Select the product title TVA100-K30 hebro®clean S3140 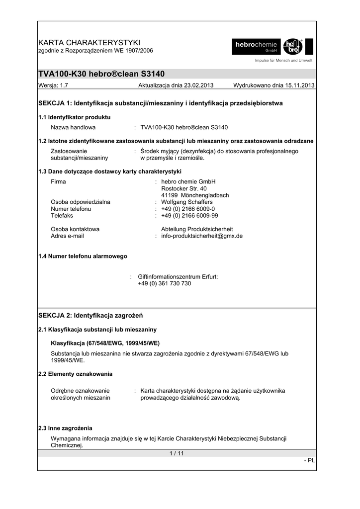(101, 74)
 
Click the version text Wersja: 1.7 (53, 85)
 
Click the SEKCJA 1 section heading (160, 103)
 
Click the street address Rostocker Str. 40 (184, 188)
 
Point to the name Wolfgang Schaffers (187, 202)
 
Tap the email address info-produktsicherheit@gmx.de (202, 236)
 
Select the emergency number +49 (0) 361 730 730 (164, 283)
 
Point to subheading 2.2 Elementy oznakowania (75, 373)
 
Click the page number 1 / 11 (177, 453)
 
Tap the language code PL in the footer (311, 460)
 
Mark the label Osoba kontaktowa (76, 229)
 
